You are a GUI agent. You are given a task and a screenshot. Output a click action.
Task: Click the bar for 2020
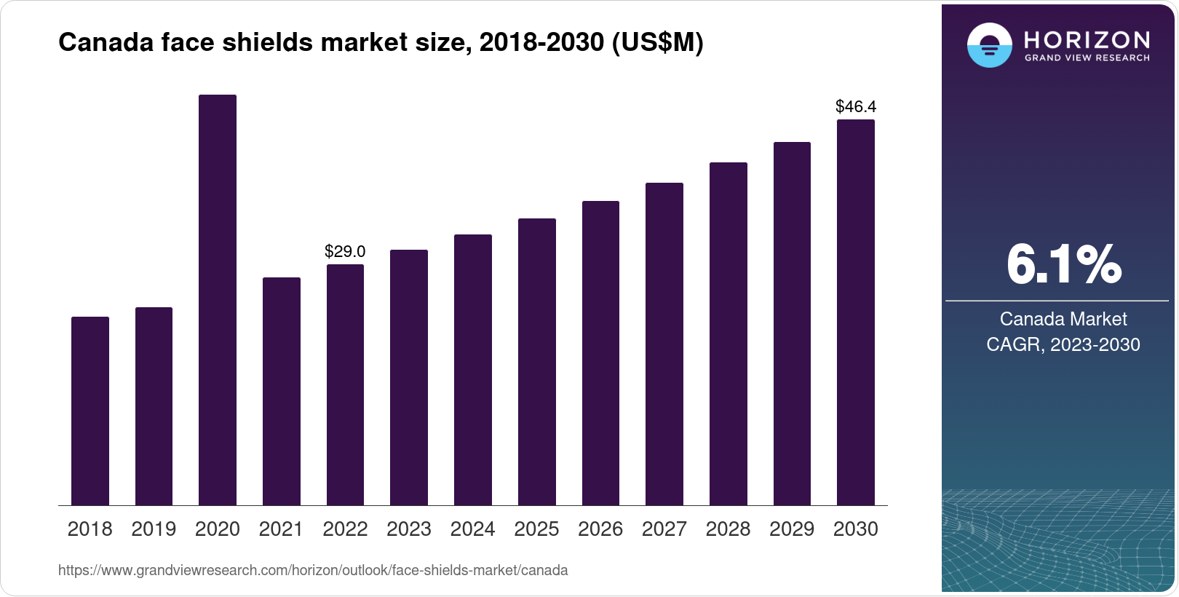(218, 300)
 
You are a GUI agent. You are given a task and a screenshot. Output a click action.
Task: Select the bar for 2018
(90, 411)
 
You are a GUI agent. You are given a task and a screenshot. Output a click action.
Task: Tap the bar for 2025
(536, 362)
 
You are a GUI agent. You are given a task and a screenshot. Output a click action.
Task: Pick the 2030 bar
(856, 312)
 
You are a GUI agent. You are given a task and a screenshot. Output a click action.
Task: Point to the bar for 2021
(282, 391)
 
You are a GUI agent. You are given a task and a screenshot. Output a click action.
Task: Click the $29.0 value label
(345, 252)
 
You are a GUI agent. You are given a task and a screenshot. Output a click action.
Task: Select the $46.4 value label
(856, 107)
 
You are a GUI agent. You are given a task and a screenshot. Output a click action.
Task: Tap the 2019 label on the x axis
(154, 529)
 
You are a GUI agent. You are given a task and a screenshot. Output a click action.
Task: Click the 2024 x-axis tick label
(472, 529)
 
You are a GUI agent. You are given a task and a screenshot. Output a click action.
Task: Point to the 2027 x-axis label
(664, 529)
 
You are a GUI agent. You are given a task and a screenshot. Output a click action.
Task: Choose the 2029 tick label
(792, 529)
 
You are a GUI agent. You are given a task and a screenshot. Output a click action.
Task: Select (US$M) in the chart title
(657, 43)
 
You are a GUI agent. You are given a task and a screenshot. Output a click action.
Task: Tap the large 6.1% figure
(1063, 265)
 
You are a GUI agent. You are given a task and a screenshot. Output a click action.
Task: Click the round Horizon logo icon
(989, 46)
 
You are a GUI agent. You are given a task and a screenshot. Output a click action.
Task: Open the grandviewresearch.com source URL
(313, 571)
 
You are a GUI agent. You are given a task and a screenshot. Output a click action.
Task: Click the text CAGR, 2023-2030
(1063, 344)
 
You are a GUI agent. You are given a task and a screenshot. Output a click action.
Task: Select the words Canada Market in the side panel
(1063, 319)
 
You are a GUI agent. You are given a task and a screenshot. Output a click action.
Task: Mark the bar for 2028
(728, 333)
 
